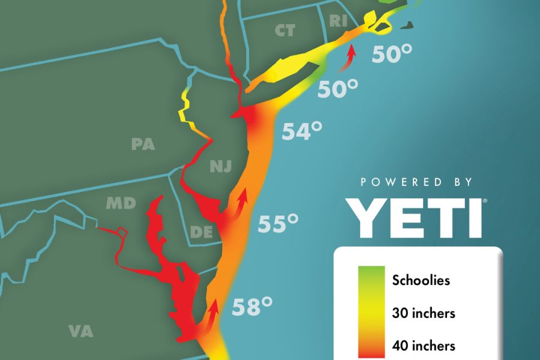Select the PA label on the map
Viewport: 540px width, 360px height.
[x=143, y=144]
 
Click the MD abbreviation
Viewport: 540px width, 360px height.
[x=121, y=203]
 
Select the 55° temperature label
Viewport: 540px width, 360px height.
[x=278, y=224]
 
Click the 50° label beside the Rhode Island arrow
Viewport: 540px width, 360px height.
[x=392, y=55]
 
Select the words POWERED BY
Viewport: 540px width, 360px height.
[x=416, y=182]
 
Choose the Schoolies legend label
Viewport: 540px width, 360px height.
[x=421, y=280]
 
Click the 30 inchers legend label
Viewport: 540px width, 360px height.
[x=424, y=313]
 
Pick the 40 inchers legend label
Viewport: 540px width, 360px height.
[x=424, y=346]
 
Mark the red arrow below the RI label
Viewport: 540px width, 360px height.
[x=349, y=59]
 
